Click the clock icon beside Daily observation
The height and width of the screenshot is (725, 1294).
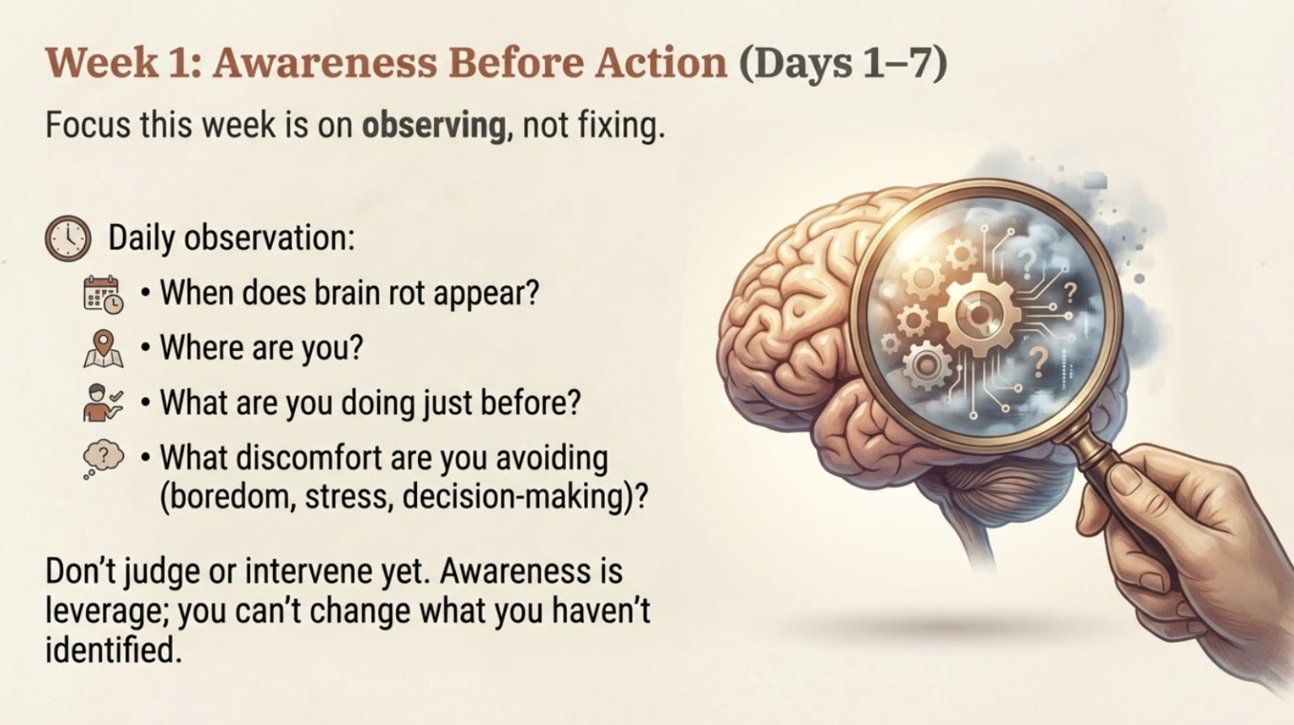click(67, 238)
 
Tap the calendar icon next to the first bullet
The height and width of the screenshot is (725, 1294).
click(103, 294)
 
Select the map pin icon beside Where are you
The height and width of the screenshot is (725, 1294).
click(103, 348)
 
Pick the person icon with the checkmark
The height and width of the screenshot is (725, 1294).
click(103, 402)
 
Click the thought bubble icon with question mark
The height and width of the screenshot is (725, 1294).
click(103, 458)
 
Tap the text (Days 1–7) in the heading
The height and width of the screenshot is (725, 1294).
click(843, 63)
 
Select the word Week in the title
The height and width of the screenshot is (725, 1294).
click(100, 63)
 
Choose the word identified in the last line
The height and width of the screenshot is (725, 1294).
click(113, 649)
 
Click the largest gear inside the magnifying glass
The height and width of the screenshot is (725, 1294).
click(978, 315)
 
